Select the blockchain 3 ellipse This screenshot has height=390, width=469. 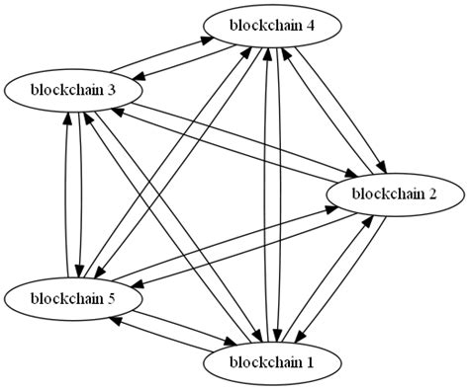click(x=75, y=90)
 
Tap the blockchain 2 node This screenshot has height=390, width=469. click(x=394, y=194)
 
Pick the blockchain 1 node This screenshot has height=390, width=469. click(x=273, y=362)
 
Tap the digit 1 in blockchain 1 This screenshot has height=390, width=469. click(x=311, y=362)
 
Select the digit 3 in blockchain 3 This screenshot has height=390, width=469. click(x=113, y=90)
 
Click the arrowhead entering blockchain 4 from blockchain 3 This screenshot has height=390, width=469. click(x=210, y=39)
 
